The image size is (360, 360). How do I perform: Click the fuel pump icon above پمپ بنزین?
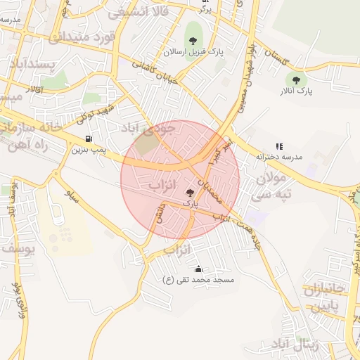(87, 139)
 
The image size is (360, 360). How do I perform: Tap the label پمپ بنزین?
(89, 149)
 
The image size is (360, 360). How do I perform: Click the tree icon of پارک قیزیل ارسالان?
(192, 41)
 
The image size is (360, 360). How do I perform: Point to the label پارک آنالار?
(297, 91)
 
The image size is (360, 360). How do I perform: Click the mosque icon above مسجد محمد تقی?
(198, 269)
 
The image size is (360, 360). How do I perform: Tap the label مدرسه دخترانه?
(278, 157)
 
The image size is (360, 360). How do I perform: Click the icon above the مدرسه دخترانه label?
(278, 146)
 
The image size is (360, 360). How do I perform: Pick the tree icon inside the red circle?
(190, 192)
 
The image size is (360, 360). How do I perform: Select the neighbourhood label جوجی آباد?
(157, 131)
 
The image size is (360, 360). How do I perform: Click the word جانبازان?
(325, 290)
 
